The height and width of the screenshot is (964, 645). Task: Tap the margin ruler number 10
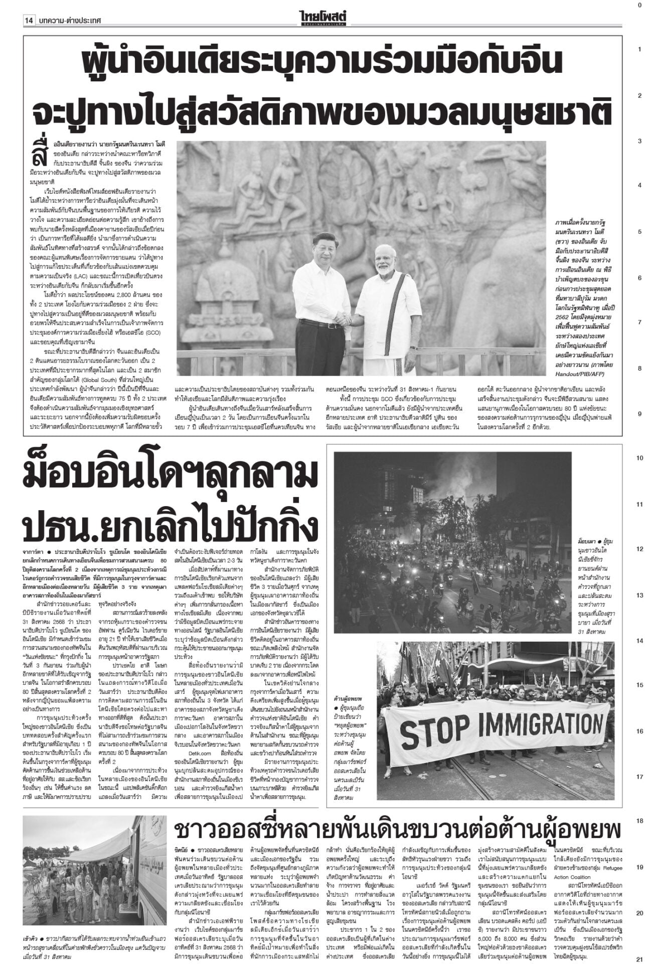tap(639, 458)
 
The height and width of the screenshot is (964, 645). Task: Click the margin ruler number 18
tap(639, 624)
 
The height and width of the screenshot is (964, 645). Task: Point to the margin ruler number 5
tap(639, 232)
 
